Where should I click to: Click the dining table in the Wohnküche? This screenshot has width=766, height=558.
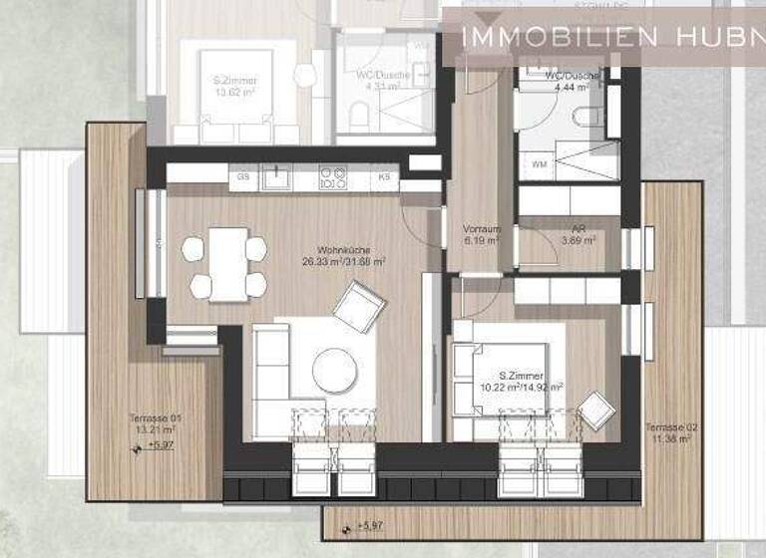[228, 263]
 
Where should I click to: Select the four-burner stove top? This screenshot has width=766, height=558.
[332, 178]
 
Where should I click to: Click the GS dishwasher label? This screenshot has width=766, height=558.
[243, 177]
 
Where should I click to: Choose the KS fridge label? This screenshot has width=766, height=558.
[384, 177]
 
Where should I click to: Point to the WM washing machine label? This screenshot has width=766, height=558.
[539, 163]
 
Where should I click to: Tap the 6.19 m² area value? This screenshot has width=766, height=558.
[481, 240]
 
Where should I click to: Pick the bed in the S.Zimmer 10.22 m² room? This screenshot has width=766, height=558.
[499, 379]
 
